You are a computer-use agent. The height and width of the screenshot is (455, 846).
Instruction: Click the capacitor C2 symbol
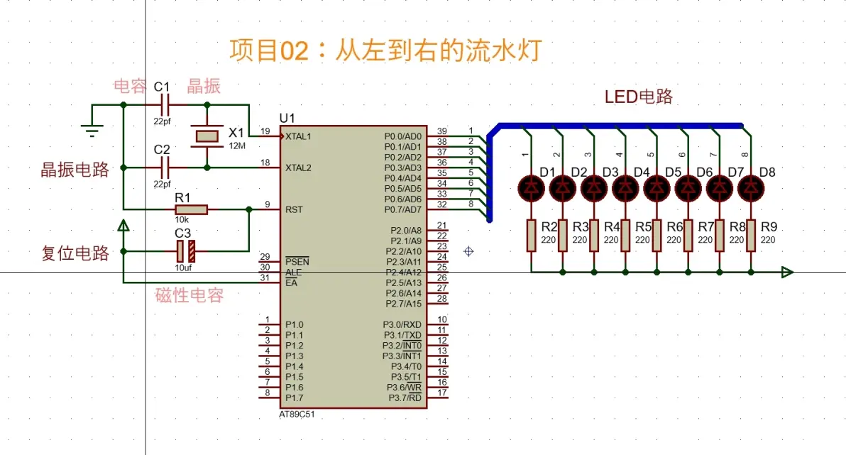(x=165, y=168)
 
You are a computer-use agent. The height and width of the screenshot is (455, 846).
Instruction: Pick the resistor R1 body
(x=191, y=209)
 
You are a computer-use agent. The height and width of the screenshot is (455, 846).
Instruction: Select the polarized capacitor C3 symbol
(x=185, y=250)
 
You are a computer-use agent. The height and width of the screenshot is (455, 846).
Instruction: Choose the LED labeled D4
(x=625, y=187)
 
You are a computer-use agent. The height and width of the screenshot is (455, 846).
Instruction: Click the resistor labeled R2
(x=531, y=235)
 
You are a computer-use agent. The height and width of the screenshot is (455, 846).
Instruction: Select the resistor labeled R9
(x=750, y=235)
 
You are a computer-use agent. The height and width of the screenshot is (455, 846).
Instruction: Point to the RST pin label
(x=293, y=210)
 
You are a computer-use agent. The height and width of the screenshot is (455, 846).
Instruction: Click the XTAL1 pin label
(x=298, y=136)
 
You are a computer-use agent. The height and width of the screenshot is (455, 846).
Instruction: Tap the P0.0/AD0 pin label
(x=402, y=136)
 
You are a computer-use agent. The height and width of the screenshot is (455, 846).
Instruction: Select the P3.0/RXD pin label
(x=402, y=324)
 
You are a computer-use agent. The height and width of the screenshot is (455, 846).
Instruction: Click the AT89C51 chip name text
(x=297, y=413)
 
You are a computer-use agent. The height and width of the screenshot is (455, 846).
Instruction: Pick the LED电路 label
(x=638, y=97)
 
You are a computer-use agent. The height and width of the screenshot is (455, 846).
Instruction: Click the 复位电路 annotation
(x=75, y=253)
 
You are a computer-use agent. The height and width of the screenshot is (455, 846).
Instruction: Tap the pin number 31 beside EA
(x=265, y=278)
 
